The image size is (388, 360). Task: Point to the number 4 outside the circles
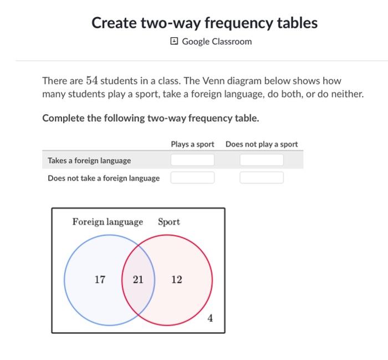210,318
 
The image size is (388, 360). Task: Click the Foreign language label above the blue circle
108,222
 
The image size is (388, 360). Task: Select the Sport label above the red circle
169,222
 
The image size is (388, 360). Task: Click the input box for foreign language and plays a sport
192,160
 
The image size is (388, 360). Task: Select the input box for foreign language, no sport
262,160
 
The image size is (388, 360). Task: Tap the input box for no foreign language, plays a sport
192,178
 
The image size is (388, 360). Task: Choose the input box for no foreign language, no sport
262,178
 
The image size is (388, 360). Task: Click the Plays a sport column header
192,144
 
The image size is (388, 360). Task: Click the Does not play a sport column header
262,144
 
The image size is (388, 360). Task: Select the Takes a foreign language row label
89,160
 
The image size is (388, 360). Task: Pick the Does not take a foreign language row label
104,178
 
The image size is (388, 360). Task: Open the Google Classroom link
217,42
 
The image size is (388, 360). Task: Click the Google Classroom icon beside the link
175,42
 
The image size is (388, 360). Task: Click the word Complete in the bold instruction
63,118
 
